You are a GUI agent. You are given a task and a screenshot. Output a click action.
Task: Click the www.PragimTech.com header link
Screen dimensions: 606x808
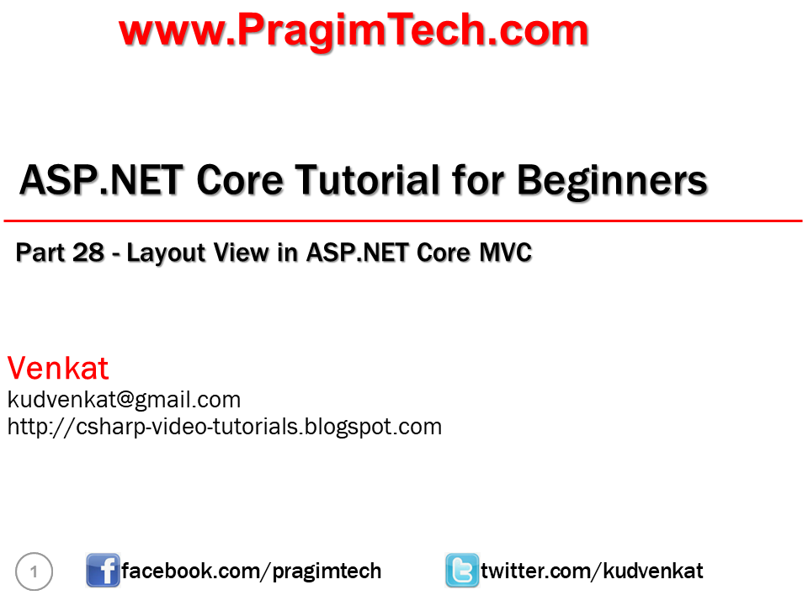click(x=353, y=31)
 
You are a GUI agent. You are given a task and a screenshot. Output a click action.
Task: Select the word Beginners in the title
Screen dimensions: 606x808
click(x=612, y=180)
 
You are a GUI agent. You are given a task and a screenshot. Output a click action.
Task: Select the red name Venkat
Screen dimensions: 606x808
click(x=58, y=368)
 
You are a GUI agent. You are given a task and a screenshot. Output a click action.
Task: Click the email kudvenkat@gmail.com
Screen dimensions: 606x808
click(x=124, y=399)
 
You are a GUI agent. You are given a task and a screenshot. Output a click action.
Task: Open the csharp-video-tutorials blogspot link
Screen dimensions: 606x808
click(x=224, y=426)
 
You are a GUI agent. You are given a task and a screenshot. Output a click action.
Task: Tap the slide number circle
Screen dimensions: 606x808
click(x=34, y=572)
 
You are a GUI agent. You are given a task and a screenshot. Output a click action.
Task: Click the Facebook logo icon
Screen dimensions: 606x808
click(x=103, y=571)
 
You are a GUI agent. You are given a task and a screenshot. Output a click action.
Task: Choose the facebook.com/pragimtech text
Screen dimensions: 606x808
click(x=252, y=571)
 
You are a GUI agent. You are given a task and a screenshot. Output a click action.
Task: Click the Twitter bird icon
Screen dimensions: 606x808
click(x=462, y=571)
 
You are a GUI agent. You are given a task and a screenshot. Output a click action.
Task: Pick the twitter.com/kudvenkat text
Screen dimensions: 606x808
click(x=592, y=571)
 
